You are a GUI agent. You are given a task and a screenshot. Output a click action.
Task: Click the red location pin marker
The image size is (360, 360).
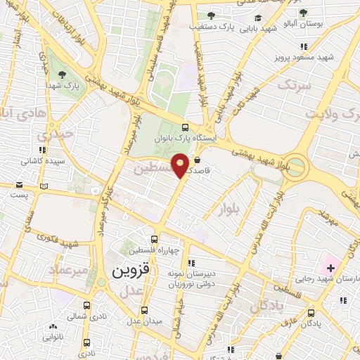click(x=181, y=164)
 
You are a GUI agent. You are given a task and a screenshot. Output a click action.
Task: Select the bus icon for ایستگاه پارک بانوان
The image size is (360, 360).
click(x=185, y=127)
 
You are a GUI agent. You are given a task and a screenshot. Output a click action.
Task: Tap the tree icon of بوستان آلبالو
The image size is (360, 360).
click(x=303, y=13)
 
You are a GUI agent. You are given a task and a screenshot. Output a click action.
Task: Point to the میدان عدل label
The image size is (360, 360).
click(x=143, y=321)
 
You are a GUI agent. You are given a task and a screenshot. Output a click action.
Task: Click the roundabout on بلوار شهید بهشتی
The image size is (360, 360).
click(x=296, y=167)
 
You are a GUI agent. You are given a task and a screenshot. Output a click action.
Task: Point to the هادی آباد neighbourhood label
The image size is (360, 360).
click(x=21, y=112)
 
